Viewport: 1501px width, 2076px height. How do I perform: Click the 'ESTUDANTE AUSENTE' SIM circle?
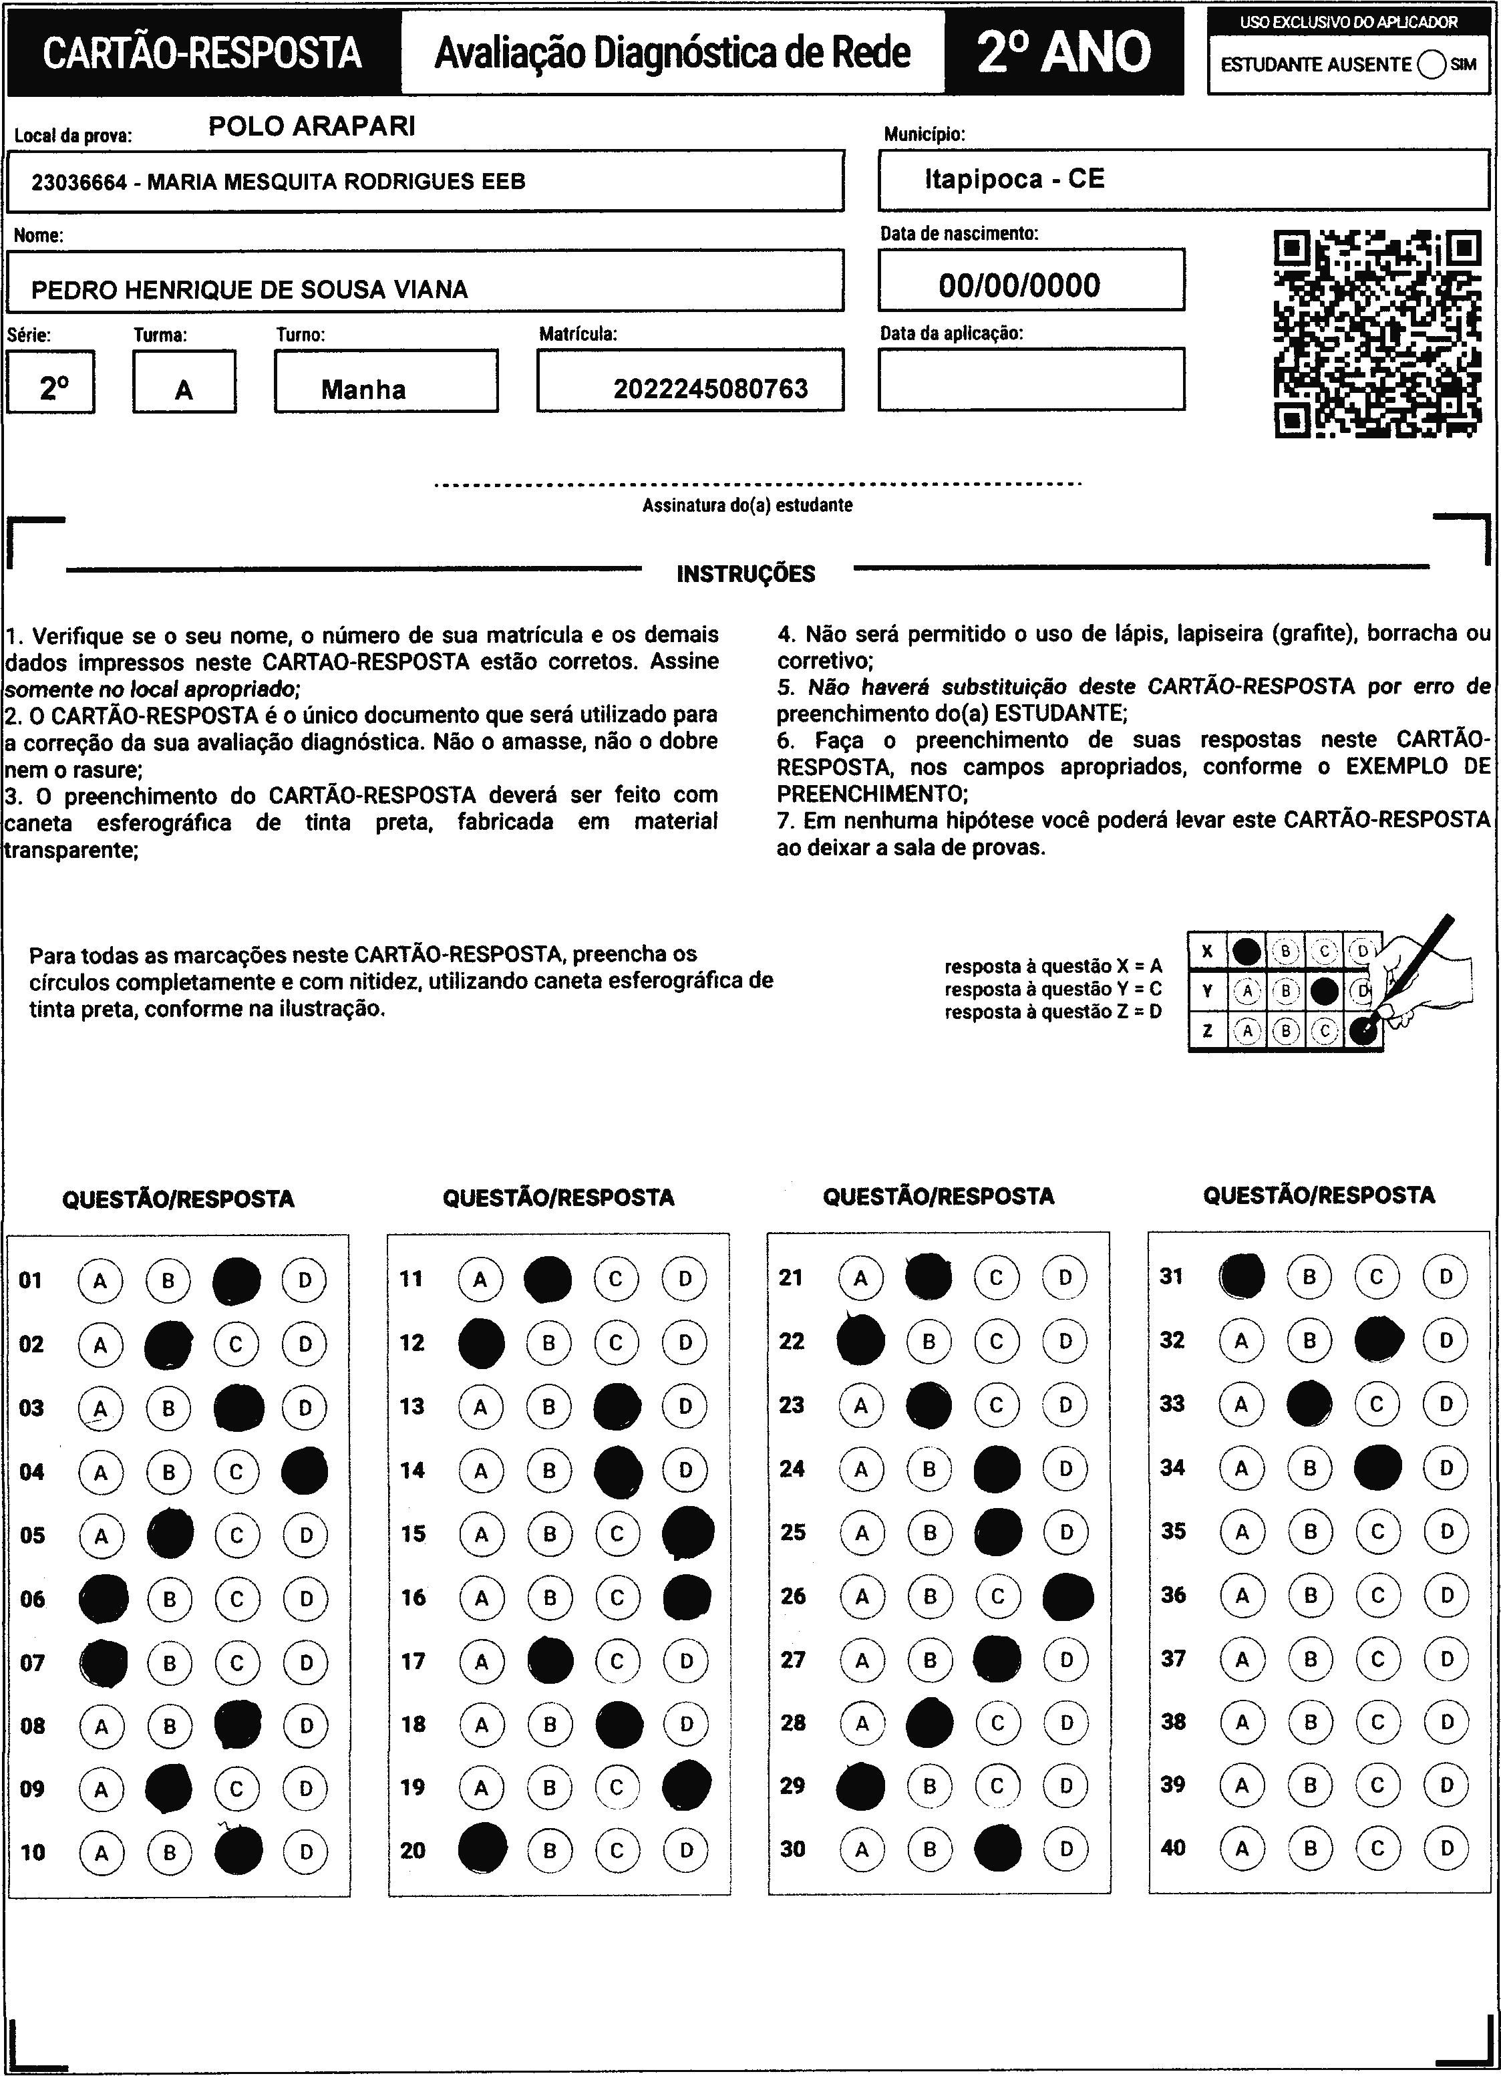click(1432, 64)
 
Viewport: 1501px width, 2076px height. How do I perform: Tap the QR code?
click(1377, 335)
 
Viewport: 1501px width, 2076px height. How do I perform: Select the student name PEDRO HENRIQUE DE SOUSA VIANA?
click(249, 290)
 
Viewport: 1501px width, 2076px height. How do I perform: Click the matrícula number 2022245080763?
click(710, 389)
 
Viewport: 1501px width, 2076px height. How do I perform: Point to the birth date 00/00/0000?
click(1019, 285)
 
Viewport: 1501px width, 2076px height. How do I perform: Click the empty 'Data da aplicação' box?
click(1031, 379)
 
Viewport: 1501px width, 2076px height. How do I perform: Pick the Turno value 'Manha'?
click(363, 390)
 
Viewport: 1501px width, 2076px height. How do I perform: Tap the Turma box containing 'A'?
click(184, 391)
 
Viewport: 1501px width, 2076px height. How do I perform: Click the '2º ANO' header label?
click(1063, 52)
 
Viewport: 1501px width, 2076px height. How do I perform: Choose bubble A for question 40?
click(1242, 1847)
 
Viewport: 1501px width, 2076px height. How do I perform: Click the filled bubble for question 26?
click(1067, 1596)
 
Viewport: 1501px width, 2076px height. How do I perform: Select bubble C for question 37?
click(1378, 1658)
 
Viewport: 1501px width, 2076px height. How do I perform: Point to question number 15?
click(413, 1533)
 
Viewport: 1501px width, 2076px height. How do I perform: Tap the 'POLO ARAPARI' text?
click(311, 126)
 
